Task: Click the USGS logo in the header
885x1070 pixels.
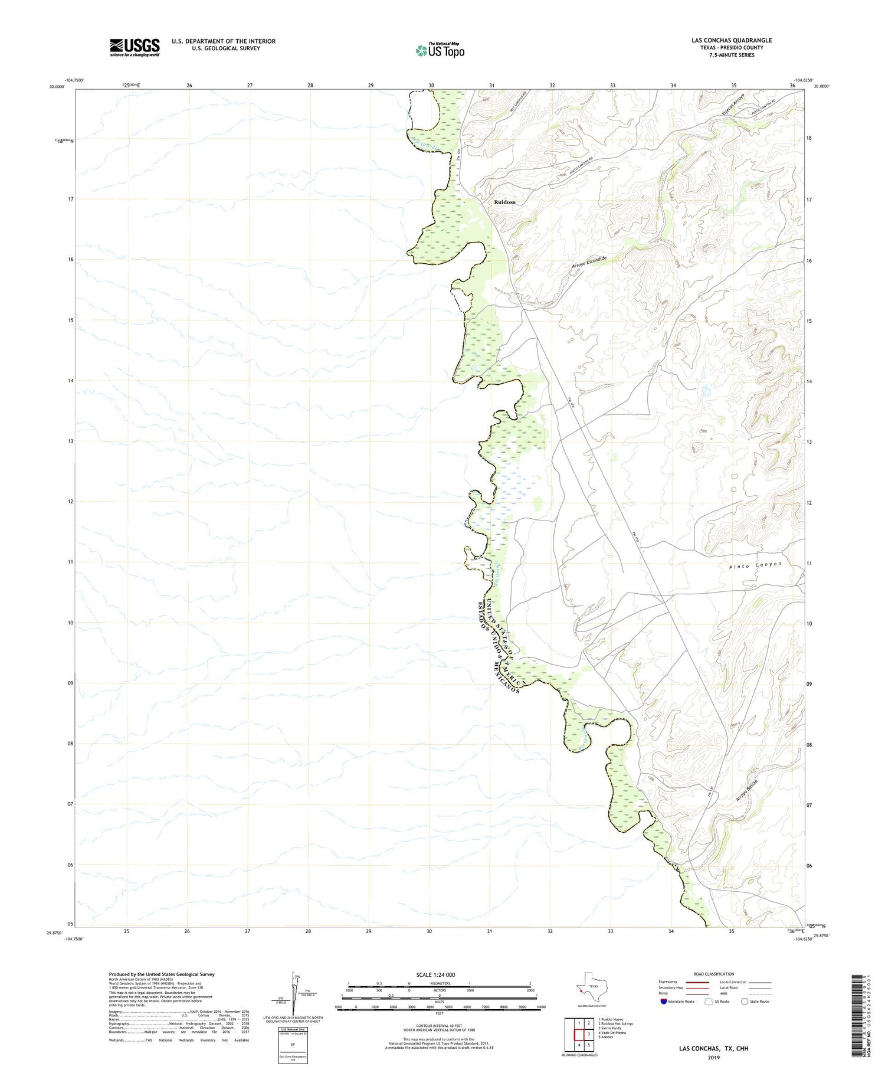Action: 135,47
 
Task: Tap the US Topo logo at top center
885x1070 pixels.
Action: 440,51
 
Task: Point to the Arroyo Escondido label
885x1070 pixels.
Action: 588,263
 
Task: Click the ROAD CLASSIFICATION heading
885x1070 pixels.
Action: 714,974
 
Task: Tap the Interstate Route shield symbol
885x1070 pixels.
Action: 663,1001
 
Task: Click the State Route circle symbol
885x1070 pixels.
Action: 744,1001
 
